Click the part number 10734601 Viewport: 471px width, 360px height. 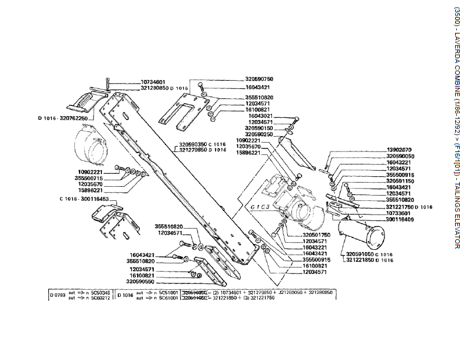[154, 82]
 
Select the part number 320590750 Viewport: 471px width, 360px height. [259, 78]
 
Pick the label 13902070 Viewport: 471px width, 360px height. [399, 150]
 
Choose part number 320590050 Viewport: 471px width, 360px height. [399, 156]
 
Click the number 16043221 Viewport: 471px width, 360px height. [399, 163]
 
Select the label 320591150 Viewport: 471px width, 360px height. [399, 181]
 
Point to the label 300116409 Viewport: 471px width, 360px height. [399, 219]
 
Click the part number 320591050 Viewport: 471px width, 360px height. [360, 254]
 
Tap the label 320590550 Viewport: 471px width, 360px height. [140, 281]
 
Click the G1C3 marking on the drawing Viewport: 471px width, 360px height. [259, 207]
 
